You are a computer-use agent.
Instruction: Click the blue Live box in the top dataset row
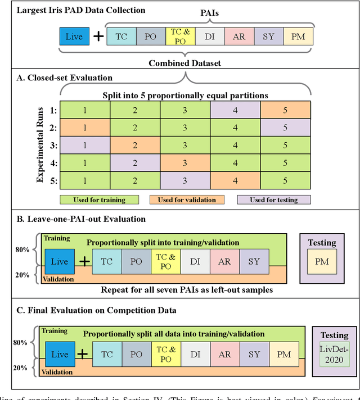pos(74,37)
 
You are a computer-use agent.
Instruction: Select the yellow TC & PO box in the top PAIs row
pos(179,37)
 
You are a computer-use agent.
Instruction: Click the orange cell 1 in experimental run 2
pos(85,128)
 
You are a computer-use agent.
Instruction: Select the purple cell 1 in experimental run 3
pos(85,146)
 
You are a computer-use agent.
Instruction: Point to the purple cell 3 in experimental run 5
pos(185,180)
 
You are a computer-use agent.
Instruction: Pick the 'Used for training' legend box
pos(101,199)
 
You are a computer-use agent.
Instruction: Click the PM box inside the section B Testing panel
pos(322,261)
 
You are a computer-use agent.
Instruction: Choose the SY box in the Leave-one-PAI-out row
pos(254,261)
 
